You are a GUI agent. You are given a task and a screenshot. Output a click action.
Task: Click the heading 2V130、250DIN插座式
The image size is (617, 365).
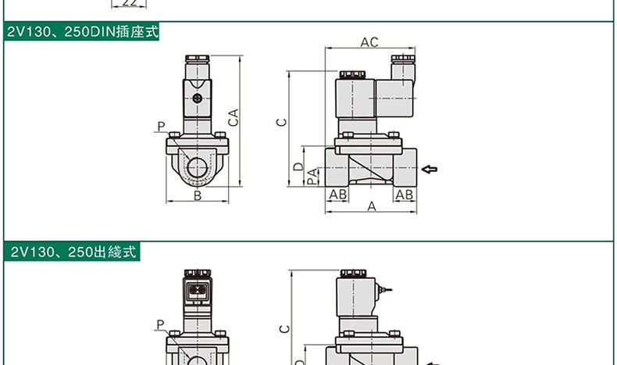pyautogui.click(x=82, y=34)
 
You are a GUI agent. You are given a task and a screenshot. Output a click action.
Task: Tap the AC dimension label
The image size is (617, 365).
pyautogui.click(x=369, y=41)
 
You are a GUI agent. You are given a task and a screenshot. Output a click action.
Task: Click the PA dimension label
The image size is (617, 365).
pyautogui.click(x=312, y=177)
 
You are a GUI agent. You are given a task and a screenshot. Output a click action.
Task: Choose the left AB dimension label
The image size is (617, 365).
pyautogui.click(x=337, y=194)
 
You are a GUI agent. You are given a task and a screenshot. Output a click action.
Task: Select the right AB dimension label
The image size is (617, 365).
pyautogui.click(x=404, y=194)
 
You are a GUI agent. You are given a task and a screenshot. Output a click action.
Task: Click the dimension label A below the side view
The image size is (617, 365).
pyautogui.click(x=372, y=206)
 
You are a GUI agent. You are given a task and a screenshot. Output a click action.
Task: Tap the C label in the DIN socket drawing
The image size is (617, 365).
pyautogui.click(x=283, y=122)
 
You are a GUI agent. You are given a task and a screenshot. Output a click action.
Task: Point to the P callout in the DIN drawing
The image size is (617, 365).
pyautogui.click(x=161, y=127)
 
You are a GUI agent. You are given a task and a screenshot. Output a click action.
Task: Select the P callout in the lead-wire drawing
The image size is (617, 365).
pyautogui.click(x=160, y=325)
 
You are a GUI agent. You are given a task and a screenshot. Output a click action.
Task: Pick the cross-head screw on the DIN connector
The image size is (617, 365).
pyautogui.click(x=198, y=98)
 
